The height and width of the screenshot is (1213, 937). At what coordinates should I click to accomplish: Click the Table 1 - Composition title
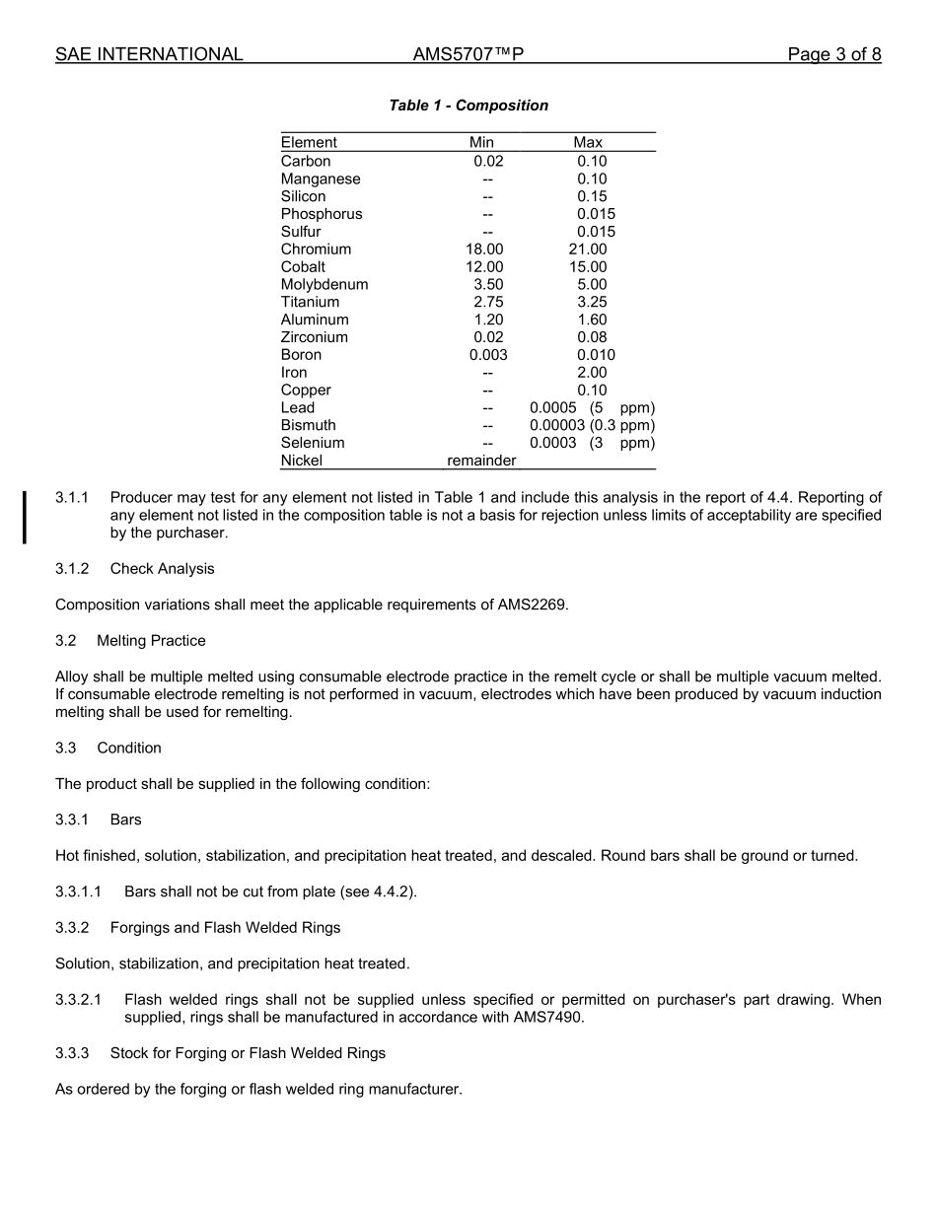coord(468,106)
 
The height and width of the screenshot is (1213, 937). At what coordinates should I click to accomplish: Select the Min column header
coord(481,143)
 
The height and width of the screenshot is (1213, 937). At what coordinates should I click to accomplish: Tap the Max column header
coord(588,143)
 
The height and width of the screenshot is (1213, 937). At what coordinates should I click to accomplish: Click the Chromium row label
coord(316,250)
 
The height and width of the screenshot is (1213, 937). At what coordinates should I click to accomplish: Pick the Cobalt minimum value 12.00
coord(484,267)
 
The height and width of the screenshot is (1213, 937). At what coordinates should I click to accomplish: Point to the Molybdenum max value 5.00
coord(592,285)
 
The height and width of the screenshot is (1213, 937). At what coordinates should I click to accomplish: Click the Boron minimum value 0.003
coord(488,355)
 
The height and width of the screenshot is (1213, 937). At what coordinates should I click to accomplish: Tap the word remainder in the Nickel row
coord(481,461)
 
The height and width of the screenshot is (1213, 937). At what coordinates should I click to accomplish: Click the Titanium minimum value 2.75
coord(488,303)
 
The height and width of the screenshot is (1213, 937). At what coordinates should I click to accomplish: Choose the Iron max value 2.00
coord(592,373)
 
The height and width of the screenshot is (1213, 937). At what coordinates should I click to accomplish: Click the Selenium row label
coord(313,444)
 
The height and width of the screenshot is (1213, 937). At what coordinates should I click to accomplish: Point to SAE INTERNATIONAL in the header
coord(149,55)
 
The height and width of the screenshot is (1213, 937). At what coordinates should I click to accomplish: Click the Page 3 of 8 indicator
coord(833,55)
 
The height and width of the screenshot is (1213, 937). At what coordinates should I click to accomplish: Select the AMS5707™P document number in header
coord(468,55)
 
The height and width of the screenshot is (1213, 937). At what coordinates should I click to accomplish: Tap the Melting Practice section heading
coord(151,641)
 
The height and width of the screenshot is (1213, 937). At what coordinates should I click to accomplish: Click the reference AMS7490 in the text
coord(548,1018)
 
